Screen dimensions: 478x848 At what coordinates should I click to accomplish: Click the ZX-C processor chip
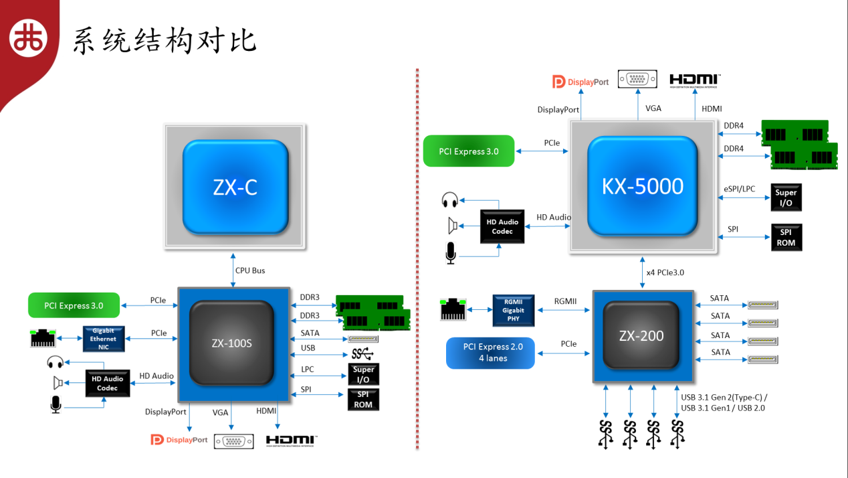(x=235, y=187)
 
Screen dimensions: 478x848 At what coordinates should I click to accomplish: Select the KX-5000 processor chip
(x=642, y=185)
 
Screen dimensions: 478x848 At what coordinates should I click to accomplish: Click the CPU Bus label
(x=250, y=270)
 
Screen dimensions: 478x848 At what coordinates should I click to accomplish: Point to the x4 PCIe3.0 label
(x=665, y=272)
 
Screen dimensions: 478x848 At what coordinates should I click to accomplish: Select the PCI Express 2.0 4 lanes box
(x=490, y=353)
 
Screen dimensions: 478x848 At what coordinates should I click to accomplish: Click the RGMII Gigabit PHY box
(x=513, y=310)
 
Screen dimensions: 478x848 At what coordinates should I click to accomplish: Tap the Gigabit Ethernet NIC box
(x=104, y=339)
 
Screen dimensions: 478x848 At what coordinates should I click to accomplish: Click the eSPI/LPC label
(x=739, y=189)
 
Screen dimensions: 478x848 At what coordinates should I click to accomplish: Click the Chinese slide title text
(x=165, y=40)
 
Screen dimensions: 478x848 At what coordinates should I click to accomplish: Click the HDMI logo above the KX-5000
(x=695, y=80)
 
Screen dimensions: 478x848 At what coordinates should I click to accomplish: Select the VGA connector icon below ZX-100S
(x=233, y=442)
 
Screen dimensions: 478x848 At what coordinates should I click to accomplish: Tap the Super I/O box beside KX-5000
(x=786, y=197)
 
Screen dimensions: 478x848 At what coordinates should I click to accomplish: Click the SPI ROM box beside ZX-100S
(x=363, y=400)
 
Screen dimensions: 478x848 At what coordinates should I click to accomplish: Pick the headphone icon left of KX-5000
(x=449, y=200)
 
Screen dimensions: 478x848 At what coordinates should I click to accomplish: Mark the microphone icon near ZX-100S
(x=56, y=404)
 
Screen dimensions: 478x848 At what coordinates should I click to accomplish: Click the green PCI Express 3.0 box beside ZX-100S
(x=74, y=305)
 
